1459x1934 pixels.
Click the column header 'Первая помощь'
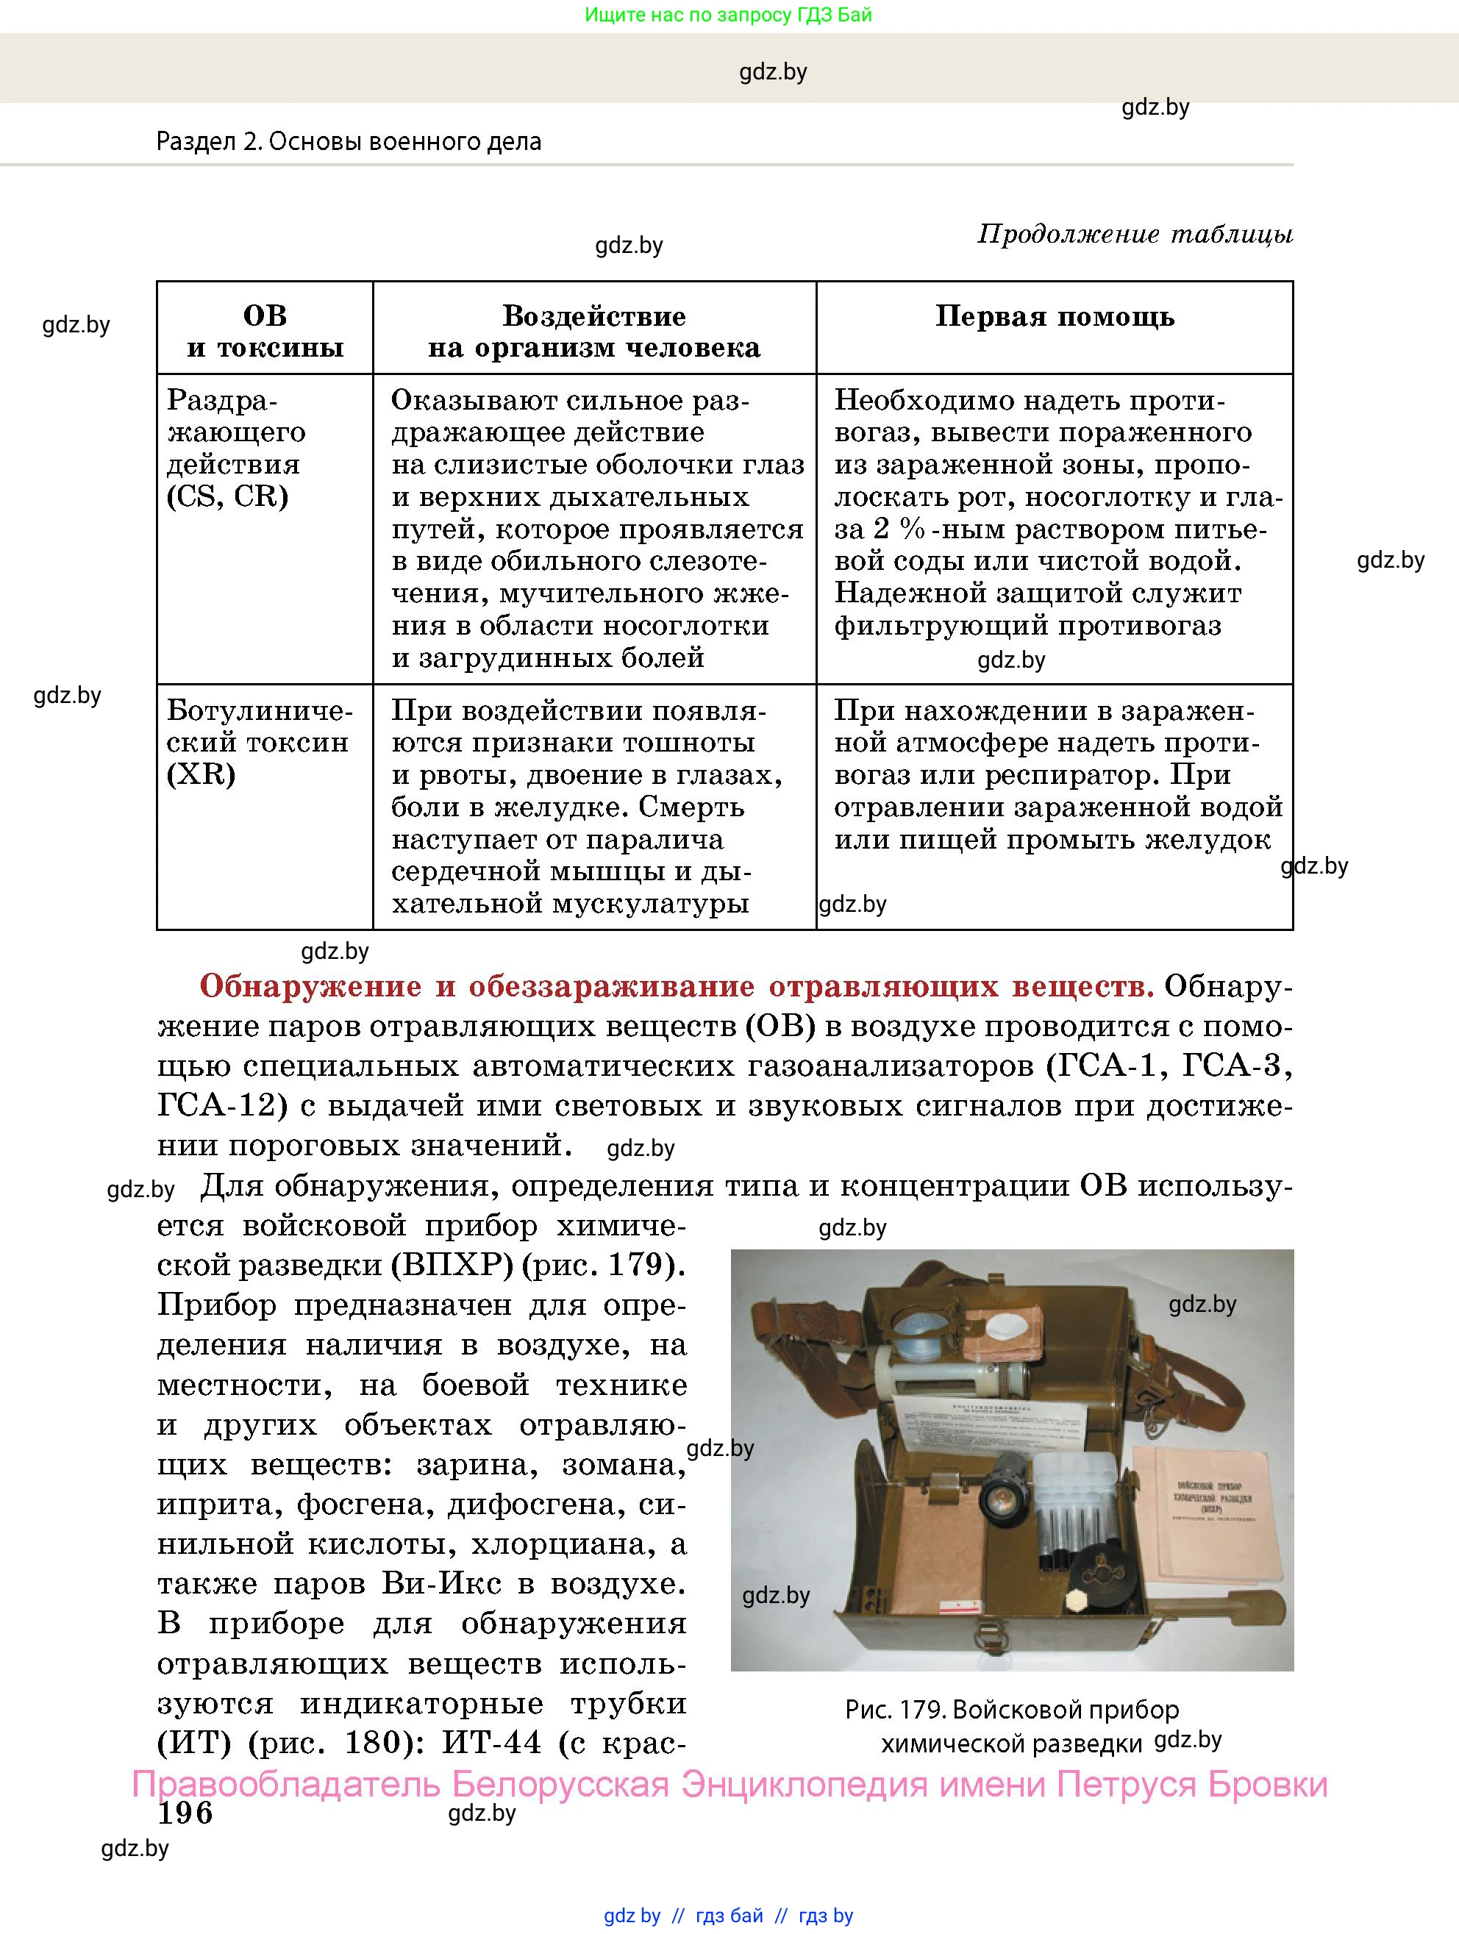click(x=1055, y=316)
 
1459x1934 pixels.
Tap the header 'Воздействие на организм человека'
click(x=593, y=332)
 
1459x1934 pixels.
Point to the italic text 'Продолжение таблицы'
click(x=1134, y=235)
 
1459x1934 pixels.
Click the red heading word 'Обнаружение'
click(x=310, y=986)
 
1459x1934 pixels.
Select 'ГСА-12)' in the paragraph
click(x=222, y=1105)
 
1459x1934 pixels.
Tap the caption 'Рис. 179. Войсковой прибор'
click(x=1011, y=1709)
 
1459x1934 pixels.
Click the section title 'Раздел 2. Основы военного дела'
click(x=349, y=142)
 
